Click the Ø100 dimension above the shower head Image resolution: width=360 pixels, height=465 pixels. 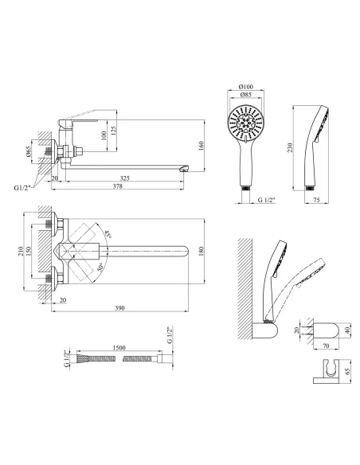tap(246, 87)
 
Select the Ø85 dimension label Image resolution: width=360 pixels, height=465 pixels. tap(246, 95)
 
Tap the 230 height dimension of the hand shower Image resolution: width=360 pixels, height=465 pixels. tap(290, 147)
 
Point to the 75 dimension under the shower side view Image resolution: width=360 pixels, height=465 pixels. tap(317, 200)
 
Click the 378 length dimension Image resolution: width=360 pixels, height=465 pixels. tap(118, 186)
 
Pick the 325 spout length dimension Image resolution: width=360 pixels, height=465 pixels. tap(125, 178)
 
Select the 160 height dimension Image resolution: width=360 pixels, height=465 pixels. tap(202, 146)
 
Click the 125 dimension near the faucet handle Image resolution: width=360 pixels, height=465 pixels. tap(114, 129)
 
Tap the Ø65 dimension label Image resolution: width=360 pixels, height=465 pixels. tap(28, 151)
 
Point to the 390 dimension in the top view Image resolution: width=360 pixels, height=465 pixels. tap(119, 308)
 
